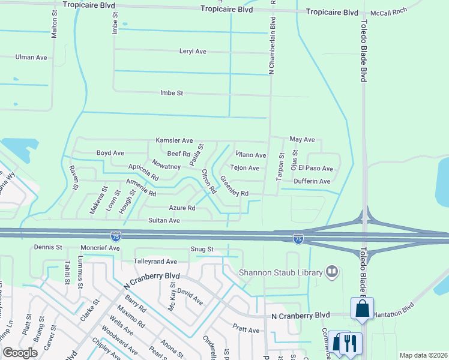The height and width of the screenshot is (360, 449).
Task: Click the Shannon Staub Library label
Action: point(281,272)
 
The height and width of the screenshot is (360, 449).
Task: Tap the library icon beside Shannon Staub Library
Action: point(331,272)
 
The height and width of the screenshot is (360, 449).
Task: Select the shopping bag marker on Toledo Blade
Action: point(363,309)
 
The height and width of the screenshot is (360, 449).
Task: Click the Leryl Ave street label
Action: point(193,52)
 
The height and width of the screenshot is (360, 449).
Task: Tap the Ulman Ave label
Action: point(31,58)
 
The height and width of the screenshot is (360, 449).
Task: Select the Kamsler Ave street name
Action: point(174,140)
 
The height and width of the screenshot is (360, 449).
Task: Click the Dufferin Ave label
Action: point(312,181)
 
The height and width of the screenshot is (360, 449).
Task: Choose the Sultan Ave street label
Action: point(164,221)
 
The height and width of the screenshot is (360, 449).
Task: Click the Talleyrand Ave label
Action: point(155,262)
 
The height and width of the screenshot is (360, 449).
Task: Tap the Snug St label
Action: point(202,249)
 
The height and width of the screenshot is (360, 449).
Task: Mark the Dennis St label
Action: point(48,247)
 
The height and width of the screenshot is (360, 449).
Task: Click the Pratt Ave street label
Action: point(246,330)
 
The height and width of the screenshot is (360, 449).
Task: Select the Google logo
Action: point(20,353)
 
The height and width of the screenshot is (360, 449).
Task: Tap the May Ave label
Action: point(302,139)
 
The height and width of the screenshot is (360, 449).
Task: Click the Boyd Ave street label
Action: point(110,153)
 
